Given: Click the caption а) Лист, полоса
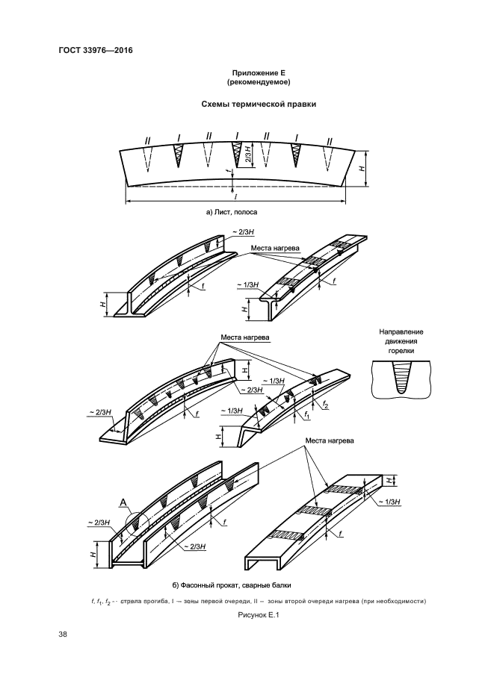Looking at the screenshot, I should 236,213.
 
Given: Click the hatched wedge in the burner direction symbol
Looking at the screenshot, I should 401,376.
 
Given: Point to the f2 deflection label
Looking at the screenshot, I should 327,404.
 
